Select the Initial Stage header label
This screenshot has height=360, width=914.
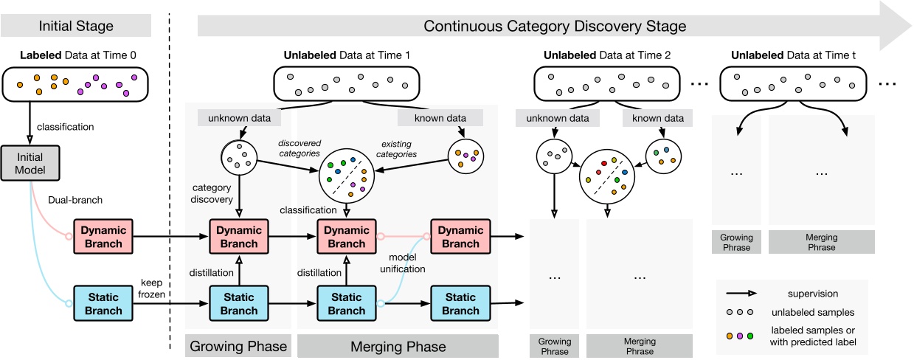tap(77, 26)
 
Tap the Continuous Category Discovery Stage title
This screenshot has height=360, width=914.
tap(555, 26)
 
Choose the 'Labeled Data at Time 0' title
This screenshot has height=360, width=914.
tap(77, 55)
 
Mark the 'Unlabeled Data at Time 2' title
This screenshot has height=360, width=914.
tap(607, 55)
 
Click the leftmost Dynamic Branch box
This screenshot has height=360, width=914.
tap(103, 236)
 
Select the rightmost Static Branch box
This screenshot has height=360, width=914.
tap(460, 302)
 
